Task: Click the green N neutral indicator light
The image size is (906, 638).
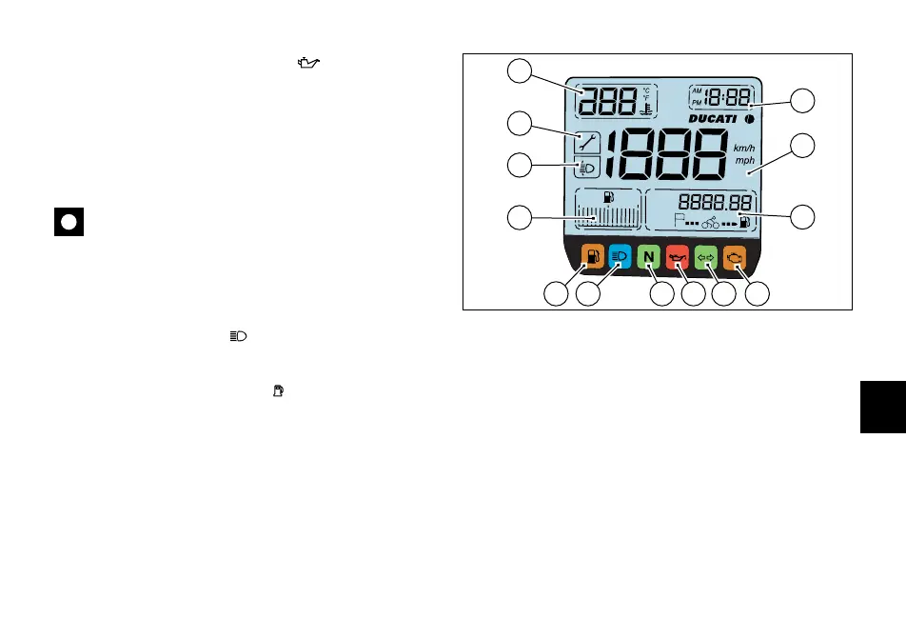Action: coord(648,256)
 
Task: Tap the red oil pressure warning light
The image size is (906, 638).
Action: coord(677,256)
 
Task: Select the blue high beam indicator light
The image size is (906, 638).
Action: coord(619,256)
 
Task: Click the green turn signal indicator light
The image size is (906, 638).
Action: coord(705,256)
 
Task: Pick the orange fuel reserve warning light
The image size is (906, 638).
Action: coord(590,256)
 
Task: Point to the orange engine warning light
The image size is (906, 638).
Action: coord(734,256)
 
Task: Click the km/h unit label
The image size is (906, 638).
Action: coord(744,148)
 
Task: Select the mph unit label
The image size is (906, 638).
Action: coord(744,161)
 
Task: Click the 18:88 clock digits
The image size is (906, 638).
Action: coord(726,97)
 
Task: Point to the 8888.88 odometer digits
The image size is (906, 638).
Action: coord(716,203)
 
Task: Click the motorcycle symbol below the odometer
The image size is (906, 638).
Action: coord(710,224)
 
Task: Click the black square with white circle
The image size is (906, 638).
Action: coord(69,222)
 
